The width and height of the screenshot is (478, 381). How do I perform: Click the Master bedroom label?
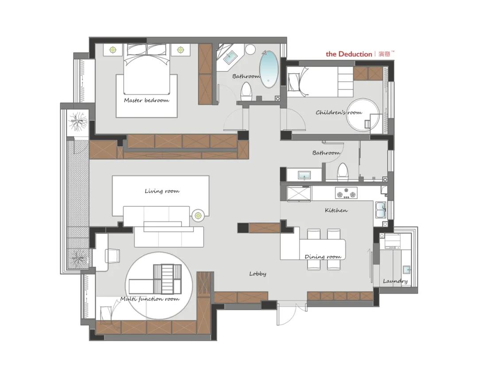[x=146, y=101]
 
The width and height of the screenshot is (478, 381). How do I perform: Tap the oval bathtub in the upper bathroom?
[x=269, y=69]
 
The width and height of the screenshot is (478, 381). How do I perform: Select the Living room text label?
[x=162, y=191]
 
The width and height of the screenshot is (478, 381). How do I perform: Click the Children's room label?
[x=339, y=113]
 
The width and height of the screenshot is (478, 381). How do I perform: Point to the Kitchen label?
[x=336, y=210]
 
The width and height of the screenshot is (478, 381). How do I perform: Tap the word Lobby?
[x=258, y=274]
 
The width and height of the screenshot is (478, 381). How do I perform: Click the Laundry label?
[x=395, y=281]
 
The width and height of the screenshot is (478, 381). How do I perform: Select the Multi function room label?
[x=150, y=299]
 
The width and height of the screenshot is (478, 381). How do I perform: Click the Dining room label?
[x=323, y=257]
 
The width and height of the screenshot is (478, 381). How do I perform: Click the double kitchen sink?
[x=381, y=210]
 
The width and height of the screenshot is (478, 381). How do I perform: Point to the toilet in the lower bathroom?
[x=343, y=172]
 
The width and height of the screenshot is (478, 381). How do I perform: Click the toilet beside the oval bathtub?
[x=246, y=92]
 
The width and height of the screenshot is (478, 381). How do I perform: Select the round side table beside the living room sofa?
[x=198, y=215]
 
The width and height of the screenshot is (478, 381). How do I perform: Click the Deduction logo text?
[x=349, y=54]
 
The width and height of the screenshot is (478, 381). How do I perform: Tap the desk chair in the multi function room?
[x=112, y=256]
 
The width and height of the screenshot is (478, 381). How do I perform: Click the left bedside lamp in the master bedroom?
[x=113, y=49]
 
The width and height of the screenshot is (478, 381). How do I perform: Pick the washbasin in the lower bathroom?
[x=304, y=175]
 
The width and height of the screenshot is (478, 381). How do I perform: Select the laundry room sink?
[x=407, y=270]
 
